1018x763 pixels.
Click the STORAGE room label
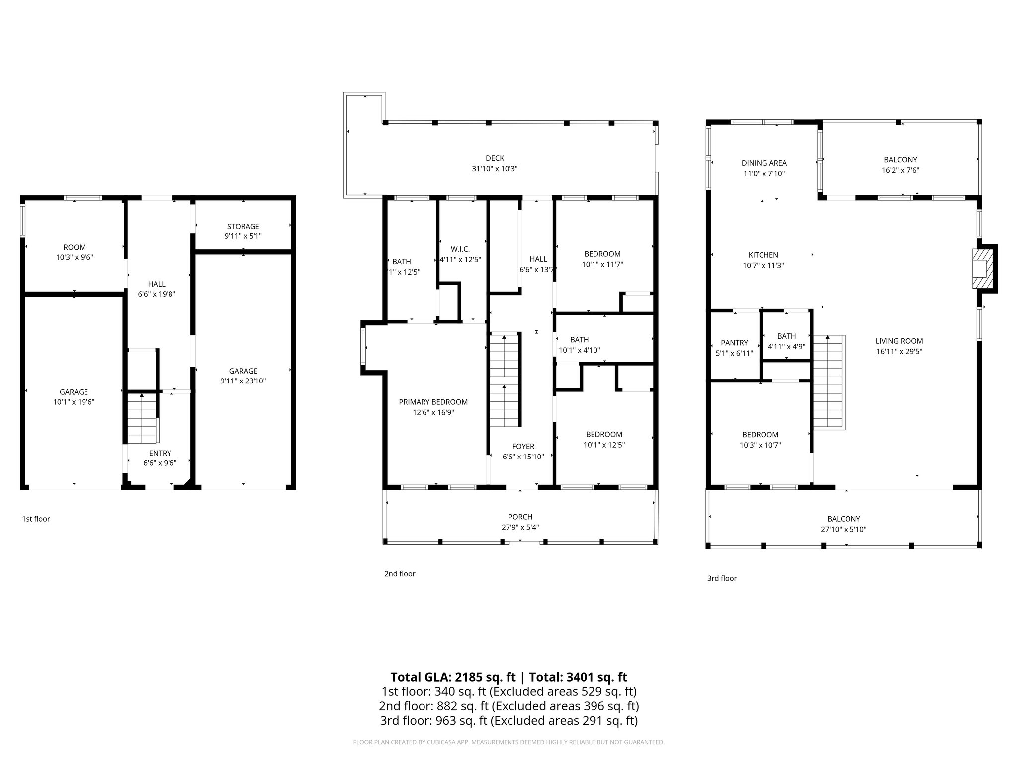pos(243,226)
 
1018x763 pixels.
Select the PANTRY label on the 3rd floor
pos(734,343)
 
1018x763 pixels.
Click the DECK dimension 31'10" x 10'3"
pos(495,169)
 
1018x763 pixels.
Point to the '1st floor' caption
pos(36,519)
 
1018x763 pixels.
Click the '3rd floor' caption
pos(722,578)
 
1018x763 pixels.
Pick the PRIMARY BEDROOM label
pos(433,402)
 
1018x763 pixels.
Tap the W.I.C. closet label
pos(460,249)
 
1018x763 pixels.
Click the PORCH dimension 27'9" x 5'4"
pos(520,527)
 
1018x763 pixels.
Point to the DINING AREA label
pos(764,163)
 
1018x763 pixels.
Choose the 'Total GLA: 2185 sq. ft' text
pos(453,677)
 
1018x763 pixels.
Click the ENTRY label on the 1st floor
pos(160,453)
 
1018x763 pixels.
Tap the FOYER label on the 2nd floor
pos(523,446)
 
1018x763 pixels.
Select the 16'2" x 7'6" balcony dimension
pos(900,170)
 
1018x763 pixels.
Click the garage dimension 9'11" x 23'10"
pos(243,381)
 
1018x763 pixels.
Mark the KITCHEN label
pos(763,255)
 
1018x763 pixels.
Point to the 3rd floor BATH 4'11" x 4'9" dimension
pos(786,347)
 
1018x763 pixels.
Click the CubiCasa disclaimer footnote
pos(509,742)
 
